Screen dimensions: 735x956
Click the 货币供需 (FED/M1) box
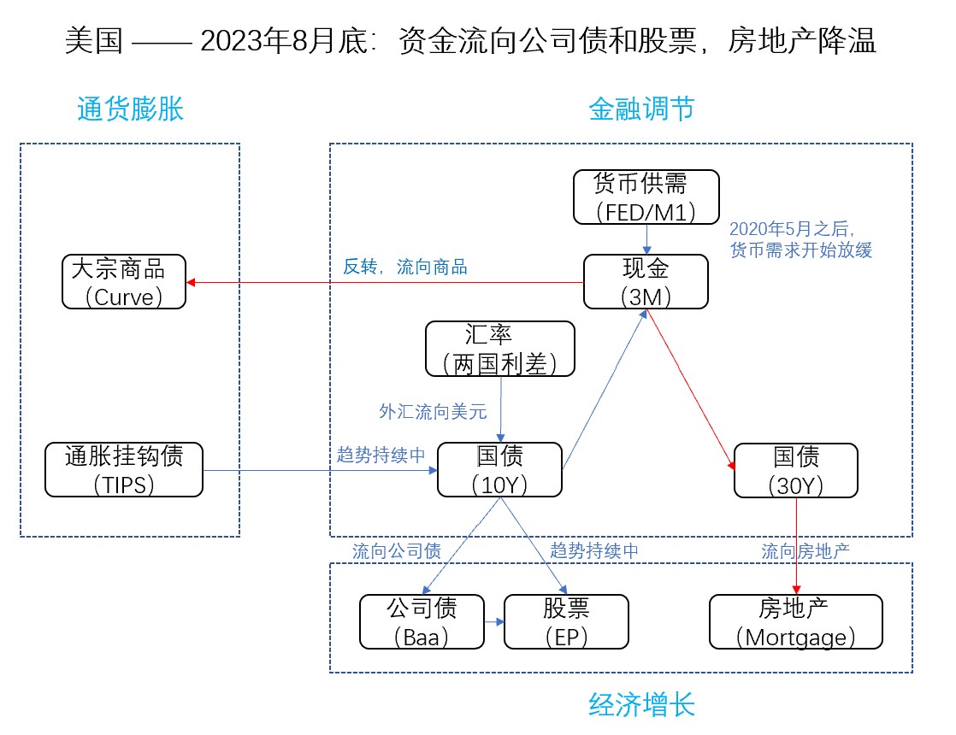pos(646,197)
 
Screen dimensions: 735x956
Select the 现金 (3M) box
pos(646,282)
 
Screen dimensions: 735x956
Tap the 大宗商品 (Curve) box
pos(124,282)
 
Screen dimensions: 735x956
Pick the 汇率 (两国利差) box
pos(500,349)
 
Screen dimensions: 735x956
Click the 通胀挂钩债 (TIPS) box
pos(124,469)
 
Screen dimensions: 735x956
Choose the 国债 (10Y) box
pos(499,469)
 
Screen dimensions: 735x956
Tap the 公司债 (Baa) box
pos(421,621)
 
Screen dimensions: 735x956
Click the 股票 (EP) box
pos(566,621)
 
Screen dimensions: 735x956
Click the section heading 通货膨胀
pos(130,109)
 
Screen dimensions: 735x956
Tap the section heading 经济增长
pos(641,705)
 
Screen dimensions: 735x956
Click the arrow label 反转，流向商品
pos(405,267)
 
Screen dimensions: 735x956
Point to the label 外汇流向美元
pos(433,412)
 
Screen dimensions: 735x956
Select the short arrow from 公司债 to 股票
pos(493,622)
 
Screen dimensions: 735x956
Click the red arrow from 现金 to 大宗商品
pos(385,282)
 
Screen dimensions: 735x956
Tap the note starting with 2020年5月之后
pos(800,240)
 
